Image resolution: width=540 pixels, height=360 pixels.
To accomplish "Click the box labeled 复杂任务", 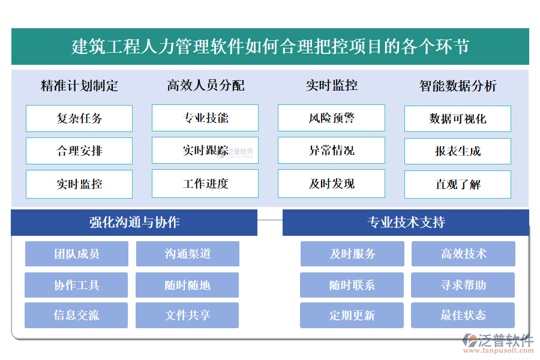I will coord(79,118).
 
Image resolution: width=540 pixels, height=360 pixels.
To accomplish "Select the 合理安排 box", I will coord(79,151).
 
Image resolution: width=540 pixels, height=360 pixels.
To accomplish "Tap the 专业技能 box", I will coord(205,118).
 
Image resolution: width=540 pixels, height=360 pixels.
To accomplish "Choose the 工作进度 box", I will coord(205,184).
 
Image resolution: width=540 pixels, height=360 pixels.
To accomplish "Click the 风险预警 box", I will coord(331,118).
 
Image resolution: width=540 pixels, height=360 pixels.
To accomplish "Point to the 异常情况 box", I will coord(331,151).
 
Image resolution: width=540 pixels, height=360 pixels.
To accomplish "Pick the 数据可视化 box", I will coord(458,119).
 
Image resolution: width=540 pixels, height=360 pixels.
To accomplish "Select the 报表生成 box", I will coord(458,151).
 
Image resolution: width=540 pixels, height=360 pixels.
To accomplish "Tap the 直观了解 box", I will coord(458,184).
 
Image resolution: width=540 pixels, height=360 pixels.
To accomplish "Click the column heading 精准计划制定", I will coord(79,86).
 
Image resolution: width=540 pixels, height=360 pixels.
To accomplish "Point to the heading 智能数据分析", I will coord(458,86).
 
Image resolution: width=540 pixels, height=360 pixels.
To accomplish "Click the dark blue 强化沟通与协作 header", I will coord(134,223).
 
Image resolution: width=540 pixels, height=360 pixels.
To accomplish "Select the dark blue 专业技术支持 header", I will coord(406,223).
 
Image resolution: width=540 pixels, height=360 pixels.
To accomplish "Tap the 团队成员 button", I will coord(77,254).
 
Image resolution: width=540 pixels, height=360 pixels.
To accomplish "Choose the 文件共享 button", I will coord(187,315).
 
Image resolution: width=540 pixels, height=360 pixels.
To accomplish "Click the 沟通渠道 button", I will coord(188,254).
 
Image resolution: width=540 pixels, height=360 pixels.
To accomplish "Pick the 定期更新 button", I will coord(352,315).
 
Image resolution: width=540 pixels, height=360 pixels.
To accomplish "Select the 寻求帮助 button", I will coord(463,285).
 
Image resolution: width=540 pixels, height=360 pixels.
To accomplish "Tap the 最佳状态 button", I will coord(463,315).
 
